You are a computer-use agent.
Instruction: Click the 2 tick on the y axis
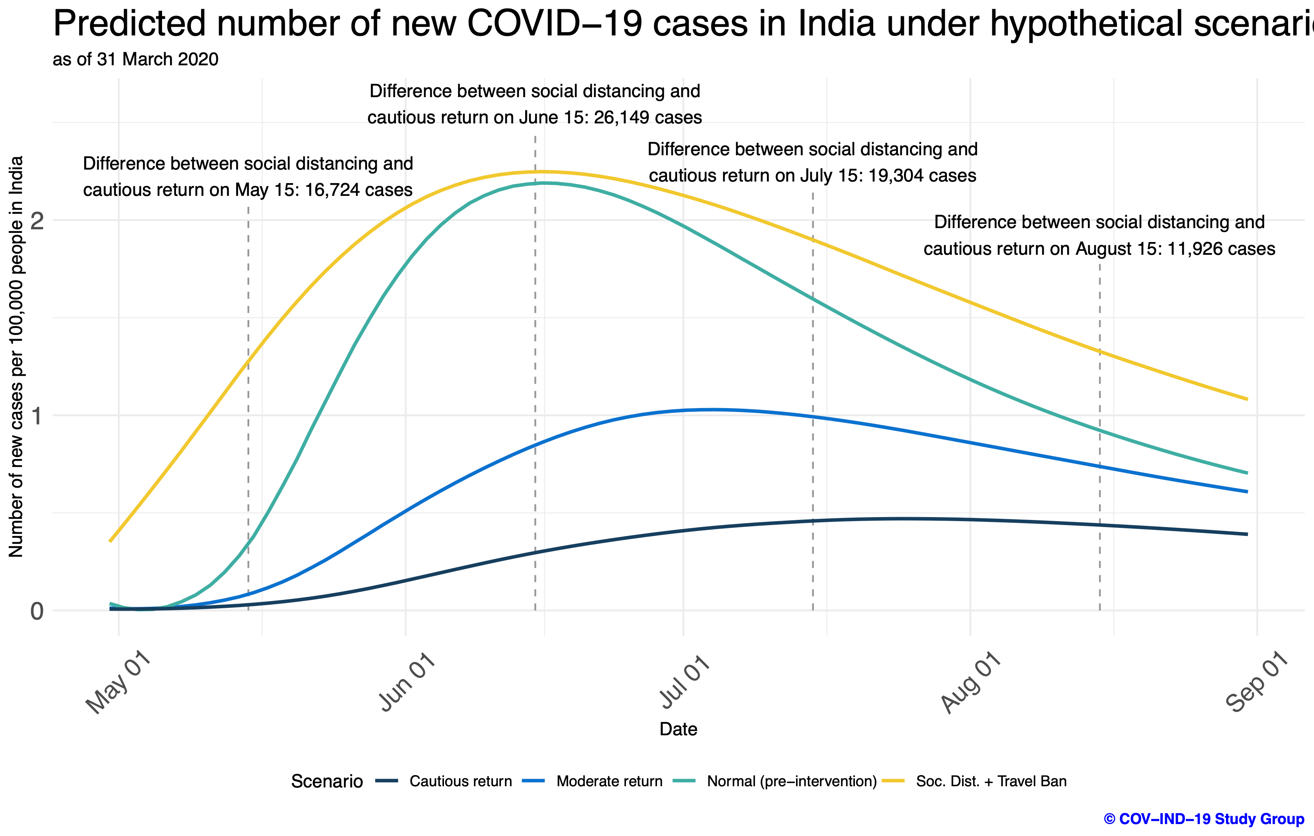coord(37,221)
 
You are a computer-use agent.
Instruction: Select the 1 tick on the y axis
coord(37,416)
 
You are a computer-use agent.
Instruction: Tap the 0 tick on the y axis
coord(37,611)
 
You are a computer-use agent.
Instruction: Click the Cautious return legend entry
coord(460,781)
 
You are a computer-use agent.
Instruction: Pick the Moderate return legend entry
coord(609,781)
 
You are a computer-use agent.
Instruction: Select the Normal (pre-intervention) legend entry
coord(791,781)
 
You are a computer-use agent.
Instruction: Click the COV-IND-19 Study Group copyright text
coord(1203,819)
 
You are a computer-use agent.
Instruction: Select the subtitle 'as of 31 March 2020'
coord(135,59)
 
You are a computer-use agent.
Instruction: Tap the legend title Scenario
coord(327,781)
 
